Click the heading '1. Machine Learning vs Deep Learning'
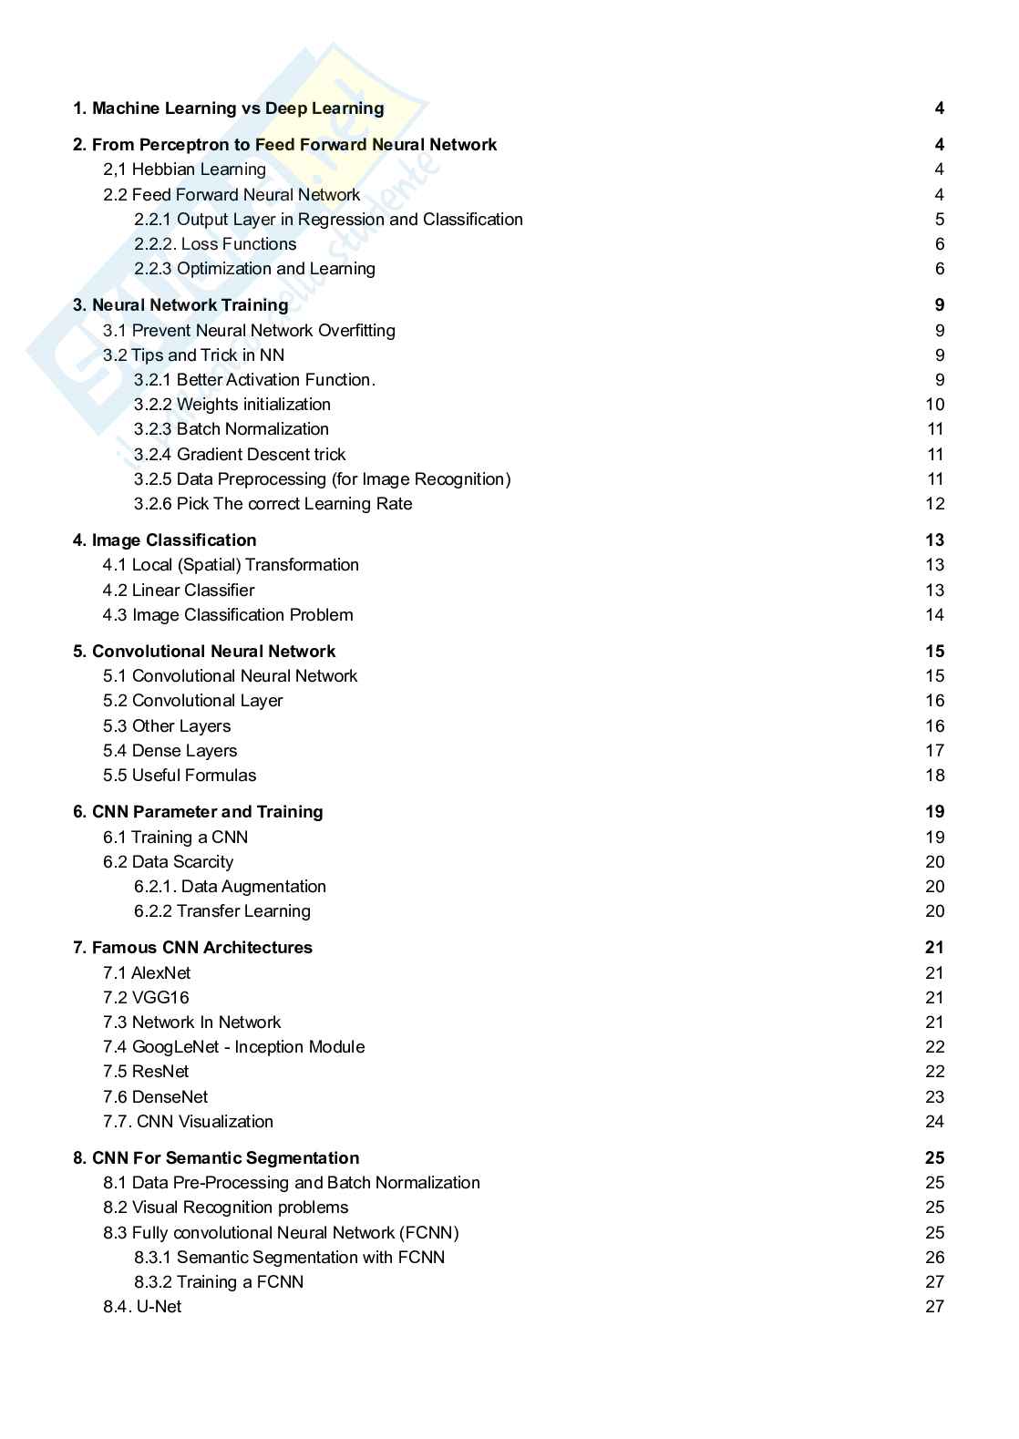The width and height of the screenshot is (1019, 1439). [x=228, y=108]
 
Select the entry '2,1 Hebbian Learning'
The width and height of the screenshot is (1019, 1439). [x=184, y=170]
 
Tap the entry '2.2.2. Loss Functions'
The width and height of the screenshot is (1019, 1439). [x=215, y=244]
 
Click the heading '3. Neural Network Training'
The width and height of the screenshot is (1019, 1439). [x=180, y=305]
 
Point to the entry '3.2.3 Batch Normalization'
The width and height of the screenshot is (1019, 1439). [x=232, y=429]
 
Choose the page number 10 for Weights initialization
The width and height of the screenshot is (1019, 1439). [x=934, y=405]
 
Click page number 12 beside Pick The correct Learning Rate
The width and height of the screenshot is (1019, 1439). [x=934, y=504]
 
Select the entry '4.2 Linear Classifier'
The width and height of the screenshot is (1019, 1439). [x=179, y=591]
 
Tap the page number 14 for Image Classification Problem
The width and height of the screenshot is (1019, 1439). [x=934, y=615]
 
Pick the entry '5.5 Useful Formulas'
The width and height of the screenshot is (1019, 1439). [x=180, y=776]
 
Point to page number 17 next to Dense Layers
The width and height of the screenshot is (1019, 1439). [x=934, y=751]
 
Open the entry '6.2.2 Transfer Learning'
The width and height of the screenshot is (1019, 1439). [x=222, y=911]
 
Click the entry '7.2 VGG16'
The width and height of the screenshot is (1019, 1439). [x=146, y=998]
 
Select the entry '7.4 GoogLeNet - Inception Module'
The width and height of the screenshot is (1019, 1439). [x=233, y=1047]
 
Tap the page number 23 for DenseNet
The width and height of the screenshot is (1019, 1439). [x=934, y=1097]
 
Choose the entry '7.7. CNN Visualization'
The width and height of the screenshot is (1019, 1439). [x=188, y=1122]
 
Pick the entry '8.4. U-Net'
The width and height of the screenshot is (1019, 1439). [x=142, y=1307]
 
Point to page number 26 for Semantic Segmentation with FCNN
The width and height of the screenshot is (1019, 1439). [x=934, y=1258]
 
